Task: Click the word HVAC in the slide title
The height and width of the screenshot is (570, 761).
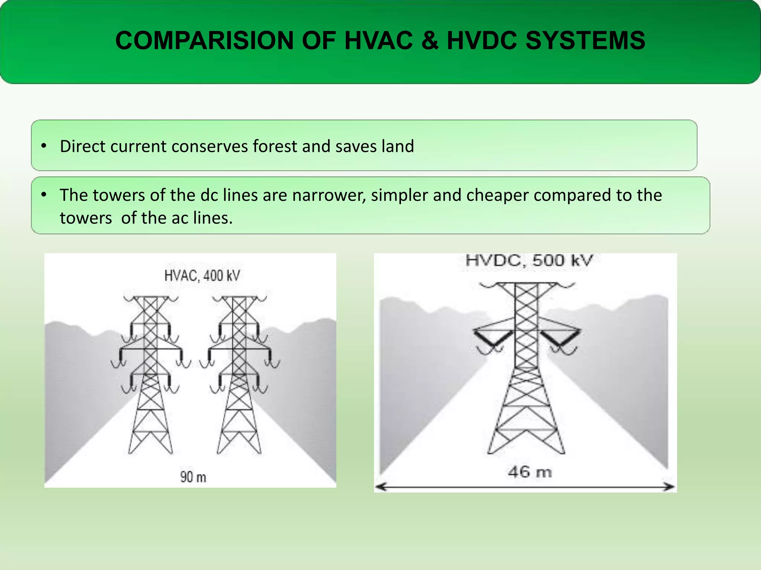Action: pos(378,40)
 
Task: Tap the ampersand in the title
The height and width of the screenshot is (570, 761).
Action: pos(430,40)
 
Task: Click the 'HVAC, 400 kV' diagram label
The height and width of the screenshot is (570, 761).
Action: pos(202,276)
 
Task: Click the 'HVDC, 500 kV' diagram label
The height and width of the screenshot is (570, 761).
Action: pos(529,260)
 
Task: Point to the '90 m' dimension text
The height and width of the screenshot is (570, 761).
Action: pos(193,477)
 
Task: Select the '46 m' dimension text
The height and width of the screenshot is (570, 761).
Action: pos(530,472)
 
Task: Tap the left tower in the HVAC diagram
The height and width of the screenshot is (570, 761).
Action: pos(150,375)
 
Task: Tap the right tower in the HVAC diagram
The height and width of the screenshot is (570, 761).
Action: pos(239,375)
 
